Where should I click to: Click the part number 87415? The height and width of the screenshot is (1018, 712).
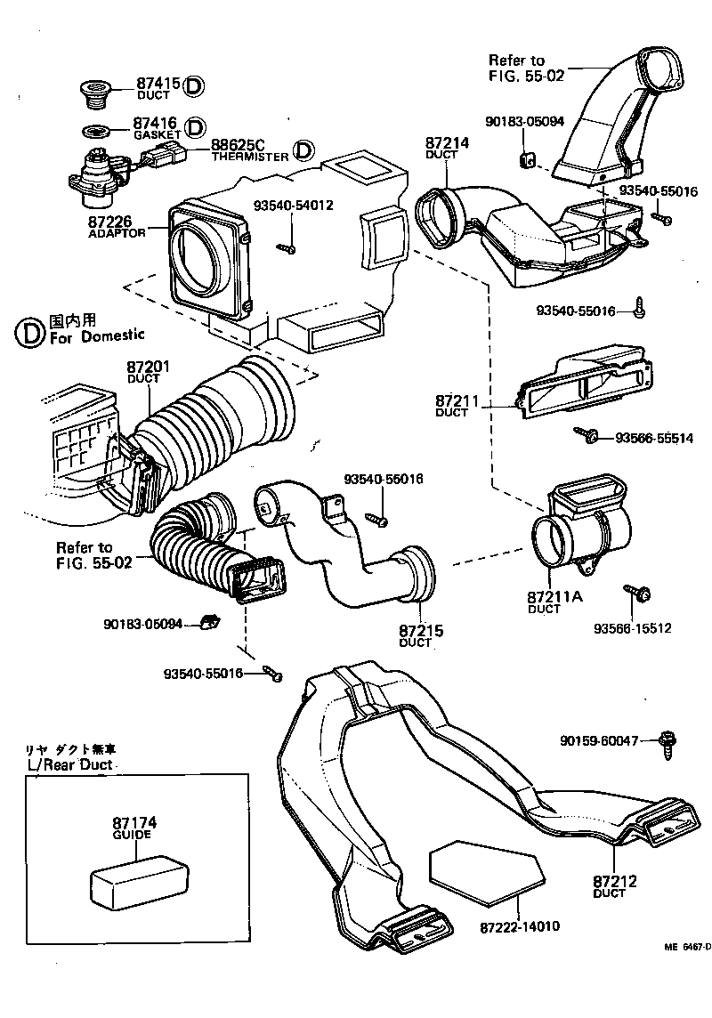coord(158,84)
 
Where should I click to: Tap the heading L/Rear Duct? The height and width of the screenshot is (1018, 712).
coord(71,764)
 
